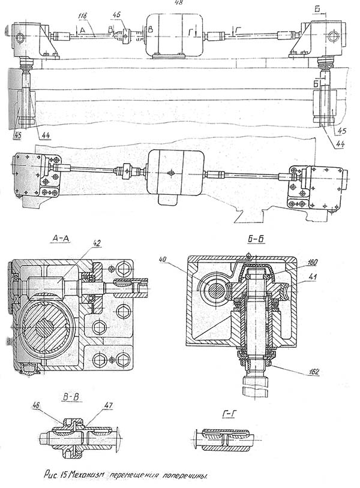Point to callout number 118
point(83,13)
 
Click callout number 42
point(97,243)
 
